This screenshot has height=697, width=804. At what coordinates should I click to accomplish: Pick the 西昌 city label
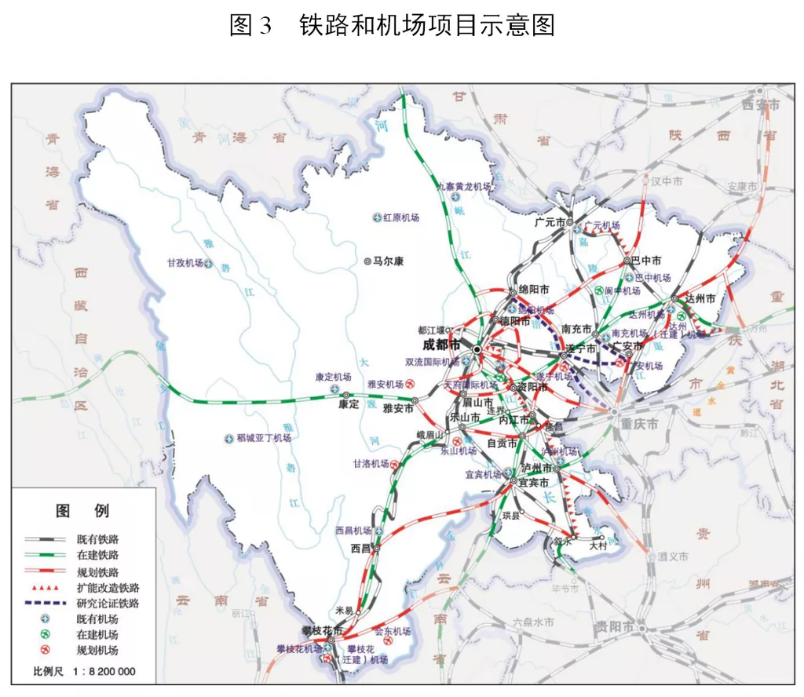coord(360,549)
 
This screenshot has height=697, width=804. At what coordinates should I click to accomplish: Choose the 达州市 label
coord(700,299)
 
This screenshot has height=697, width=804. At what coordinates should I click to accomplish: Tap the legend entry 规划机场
coord(99,651)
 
